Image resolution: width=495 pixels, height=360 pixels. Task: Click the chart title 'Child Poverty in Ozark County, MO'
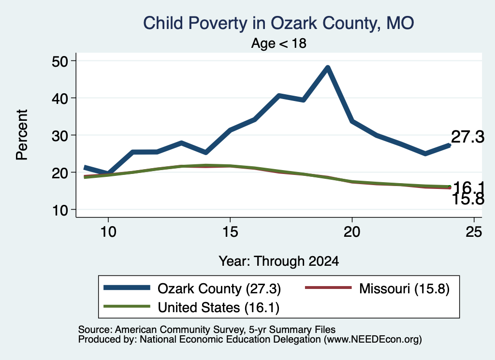coord(278,23)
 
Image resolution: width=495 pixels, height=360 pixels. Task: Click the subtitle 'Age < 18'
coord(279,43)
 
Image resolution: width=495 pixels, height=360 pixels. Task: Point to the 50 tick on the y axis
coord(60,61)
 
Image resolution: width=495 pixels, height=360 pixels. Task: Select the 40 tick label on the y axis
coord(60,98)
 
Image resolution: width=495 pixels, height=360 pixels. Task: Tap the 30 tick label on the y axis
coord(60,135)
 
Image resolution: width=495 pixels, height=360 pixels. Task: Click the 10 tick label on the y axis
coord(60,210)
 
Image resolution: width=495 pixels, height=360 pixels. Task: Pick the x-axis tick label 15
coord(230,232)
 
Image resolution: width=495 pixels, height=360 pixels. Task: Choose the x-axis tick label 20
coord(352,232)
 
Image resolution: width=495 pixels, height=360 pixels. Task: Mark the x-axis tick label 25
coord(474,232)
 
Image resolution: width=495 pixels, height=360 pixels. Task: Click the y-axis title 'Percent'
coord(22,135)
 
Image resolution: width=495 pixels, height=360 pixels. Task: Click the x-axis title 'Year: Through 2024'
coord(279,261)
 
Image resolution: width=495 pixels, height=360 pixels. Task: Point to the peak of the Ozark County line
coord(328,68)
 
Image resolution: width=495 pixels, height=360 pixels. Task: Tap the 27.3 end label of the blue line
coord(467,137)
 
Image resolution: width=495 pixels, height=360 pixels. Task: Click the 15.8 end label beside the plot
coord(468,200)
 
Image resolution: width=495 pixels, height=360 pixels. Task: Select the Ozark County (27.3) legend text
coord(219,288)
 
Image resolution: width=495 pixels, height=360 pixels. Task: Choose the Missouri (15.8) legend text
coord(404,288)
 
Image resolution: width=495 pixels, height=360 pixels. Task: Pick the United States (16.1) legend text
coord(218,307)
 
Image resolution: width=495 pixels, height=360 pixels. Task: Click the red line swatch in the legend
coord(328,288)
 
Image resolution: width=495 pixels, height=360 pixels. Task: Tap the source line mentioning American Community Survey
coord(207,330)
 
